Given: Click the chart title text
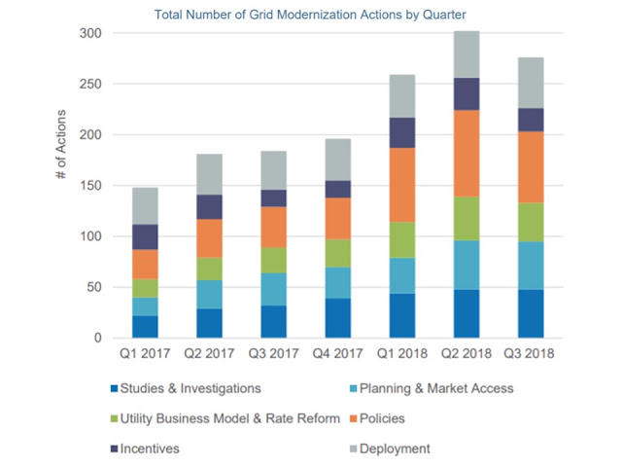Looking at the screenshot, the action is (310, 15).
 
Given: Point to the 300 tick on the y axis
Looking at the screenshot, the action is (90, 33).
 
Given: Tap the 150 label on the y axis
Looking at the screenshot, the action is (90, 186).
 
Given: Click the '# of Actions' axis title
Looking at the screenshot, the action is (61, 144).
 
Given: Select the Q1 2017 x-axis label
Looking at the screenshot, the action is (145, 353).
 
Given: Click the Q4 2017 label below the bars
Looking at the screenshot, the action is (337, 353).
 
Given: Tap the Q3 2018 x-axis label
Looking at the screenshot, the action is (529, 353).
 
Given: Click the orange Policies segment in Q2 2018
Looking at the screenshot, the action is (466, 154).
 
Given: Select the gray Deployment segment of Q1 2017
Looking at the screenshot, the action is (145, 206).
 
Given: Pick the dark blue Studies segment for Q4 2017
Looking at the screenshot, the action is (338, 318).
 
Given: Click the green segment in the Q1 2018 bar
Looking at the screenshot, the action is (402, 240).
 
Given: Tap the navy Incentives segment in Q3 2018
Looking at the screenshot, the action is (531, 120).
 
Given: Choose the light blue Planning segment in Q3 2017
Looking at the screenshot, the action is (274, 289).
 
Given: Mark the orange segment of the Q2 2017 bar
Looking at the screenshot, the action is (210, 238).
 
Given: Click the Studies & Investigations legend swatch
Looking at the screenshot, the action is (115, 388).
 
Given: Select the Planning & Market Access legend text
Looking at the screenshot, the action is (436, 388).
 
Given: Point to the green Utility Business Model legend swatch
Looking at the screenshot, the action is (115, 418).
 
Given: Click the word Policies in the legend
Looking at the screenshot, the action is (382, 418).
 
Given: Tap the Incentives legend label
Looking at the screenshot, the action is (150, 449).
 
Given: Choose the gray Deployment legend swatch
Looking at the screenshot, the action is (354, 449).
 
